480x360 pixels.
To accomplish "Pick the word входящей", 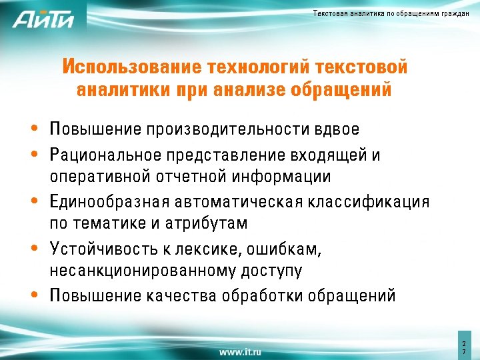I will coord(328,156).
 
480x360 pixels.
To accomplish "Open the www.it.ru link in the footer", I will coord(240,351).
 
